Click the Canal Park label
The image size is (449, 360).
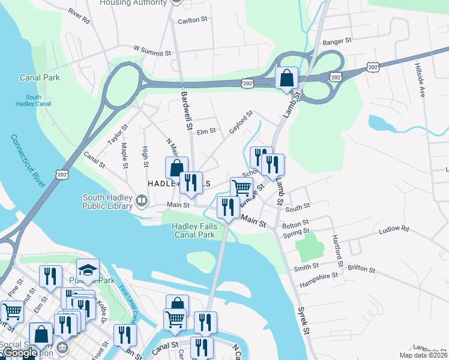click(40, 77)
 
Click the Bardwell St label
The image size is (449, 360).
click(185, 111)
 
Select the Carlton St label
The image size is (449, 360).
click(192, 19)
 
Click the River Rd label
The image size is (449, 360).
click(79, 15)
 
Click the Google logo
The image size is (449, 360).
click(20, 353)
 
